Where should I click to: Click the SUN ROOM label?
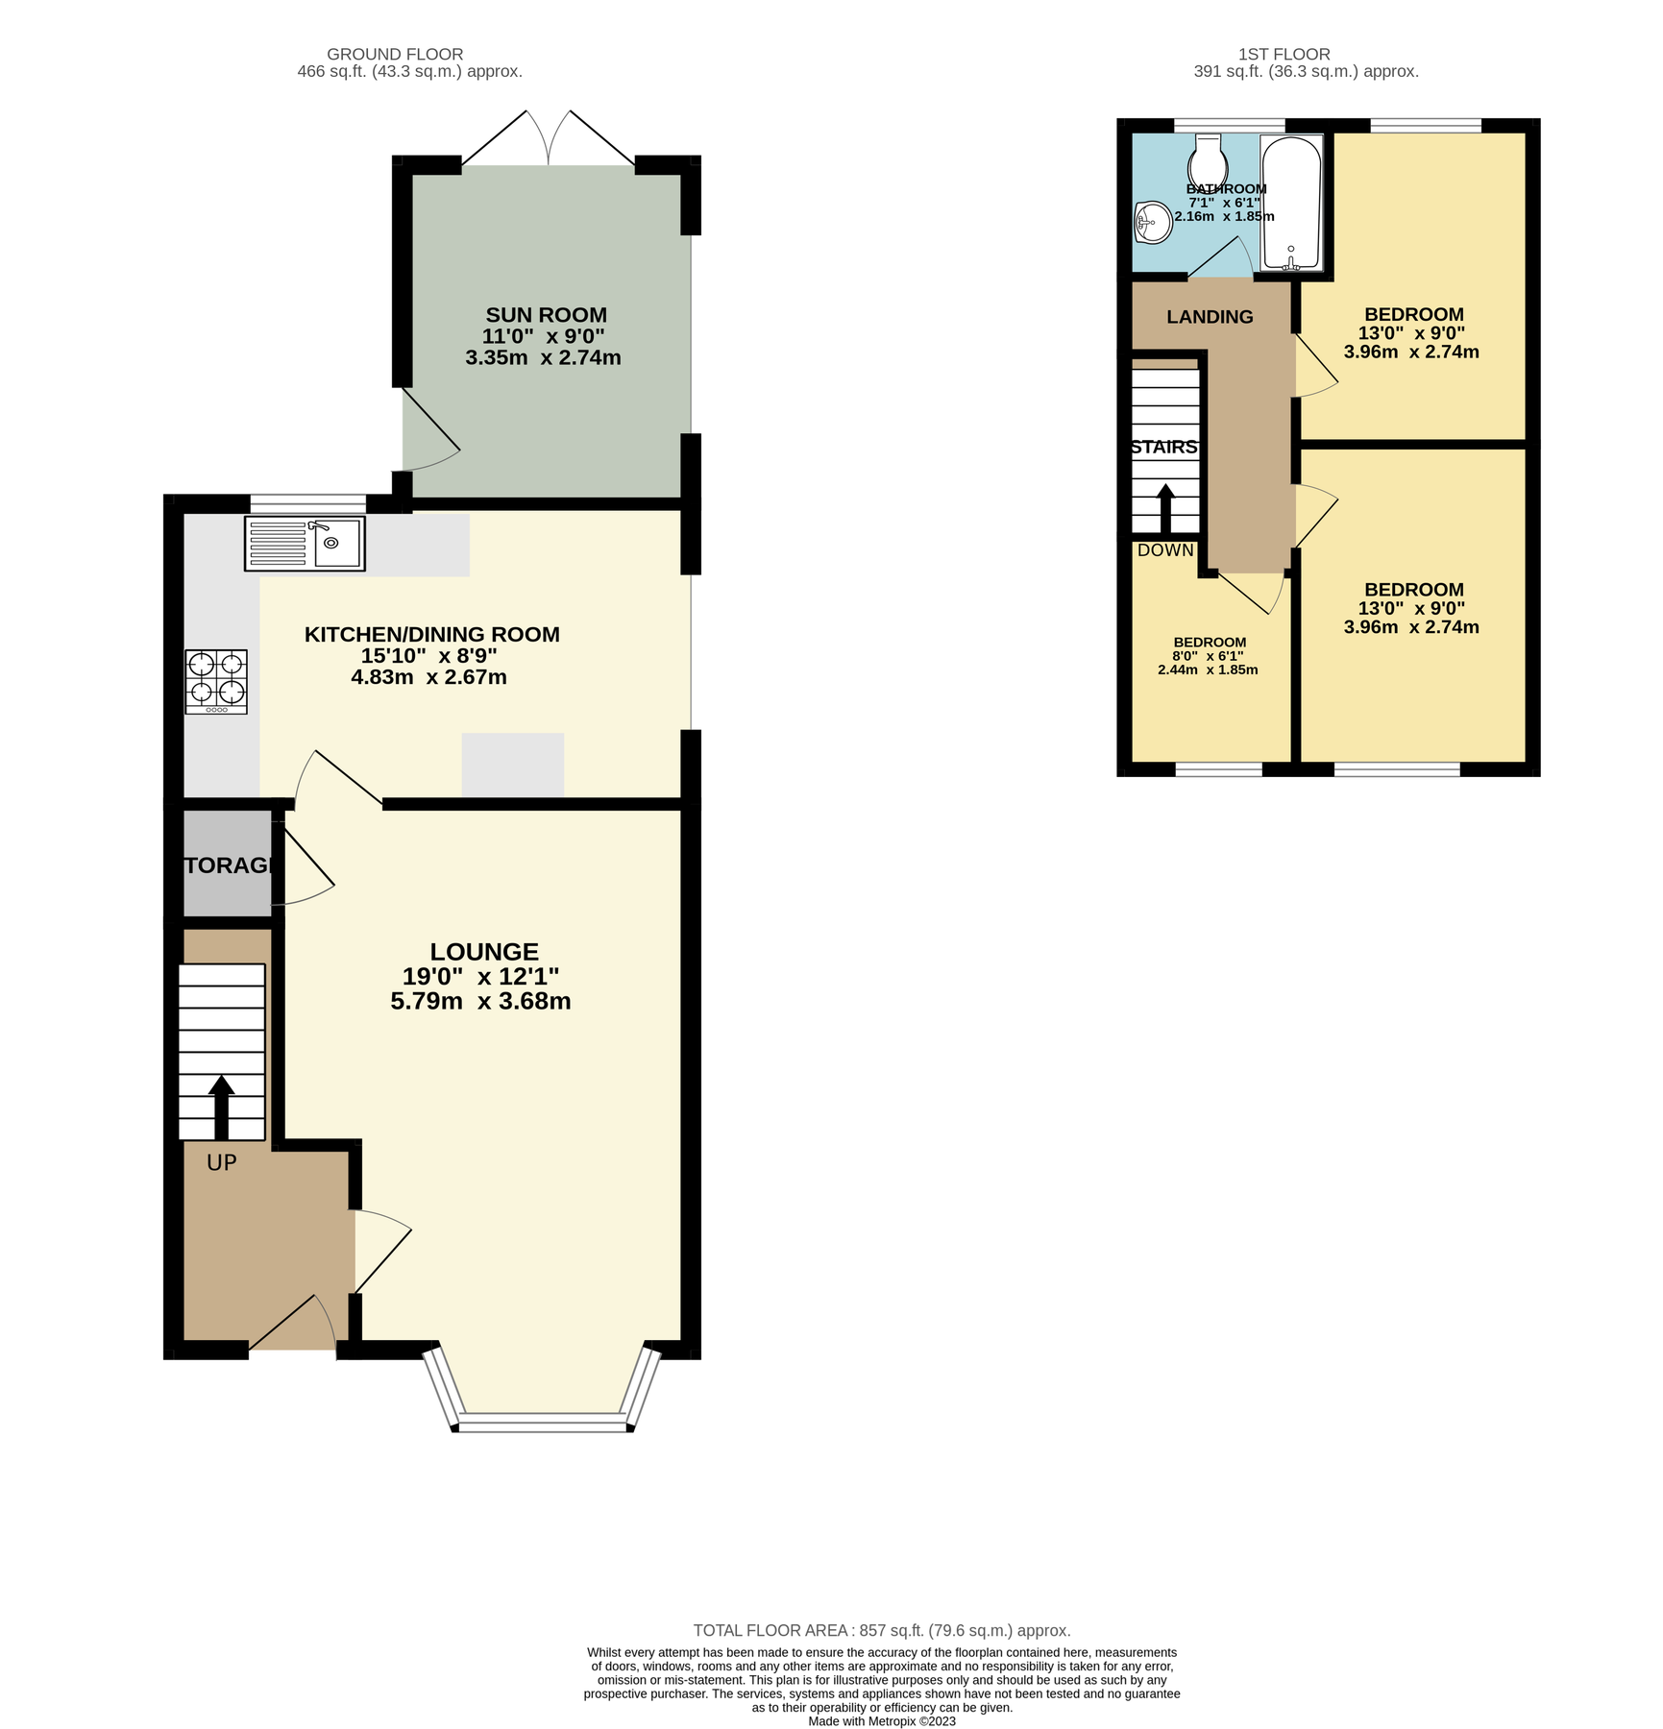tap(546, 315)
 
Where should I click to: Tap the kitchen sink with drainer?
tap(305, 544)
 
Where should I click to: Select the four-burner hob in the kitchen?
tap(216, 681)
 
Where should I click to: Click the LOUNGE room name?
tap(484, 952)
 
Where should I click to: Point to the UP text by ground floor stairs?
tap(221, 1163)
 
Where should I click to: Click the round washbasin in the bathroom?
tap(1152, 223)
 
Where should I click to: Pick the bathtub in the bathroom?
tap(1291, 204)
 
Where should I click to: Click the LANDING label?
tap(1210, 317)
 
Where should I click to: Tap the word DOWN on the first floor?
tap(1165, 550)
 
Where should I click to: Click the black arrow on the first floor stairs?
tap(1165, 507)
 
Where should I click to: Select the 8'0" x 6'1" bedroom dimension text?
tap(1208, 656)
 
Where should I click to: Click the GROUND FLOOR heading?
tap(395, 55)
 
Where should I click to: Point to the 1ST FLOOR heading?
tap(1284, 55)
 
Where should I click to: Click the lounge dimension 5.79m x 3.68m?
tap(480, 1001)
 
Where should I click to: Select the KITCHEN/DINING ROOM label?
tap(431, 634)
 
